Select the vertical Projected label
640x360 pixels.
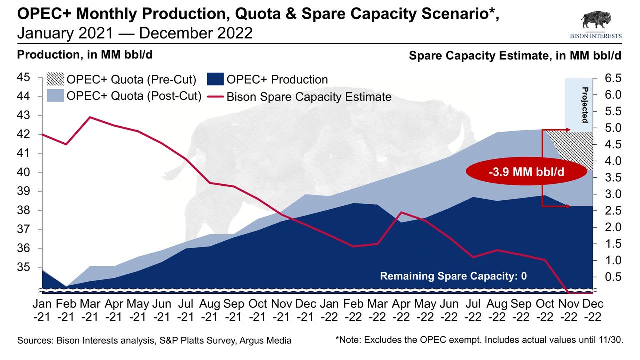[584, 105]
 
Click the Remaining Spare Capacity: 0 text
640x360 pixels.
[453, 276]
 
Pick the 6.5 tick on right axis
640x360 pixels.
[607, 78]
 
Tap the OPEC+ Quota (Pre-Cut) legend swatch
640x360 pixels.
[55, 79]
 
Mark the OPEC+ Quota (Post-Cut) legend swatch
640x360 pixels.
[55, 96]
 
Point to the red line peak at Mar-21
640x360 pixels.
[90, 117]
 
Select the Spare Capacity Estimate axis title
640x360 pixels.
[515, 56]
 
